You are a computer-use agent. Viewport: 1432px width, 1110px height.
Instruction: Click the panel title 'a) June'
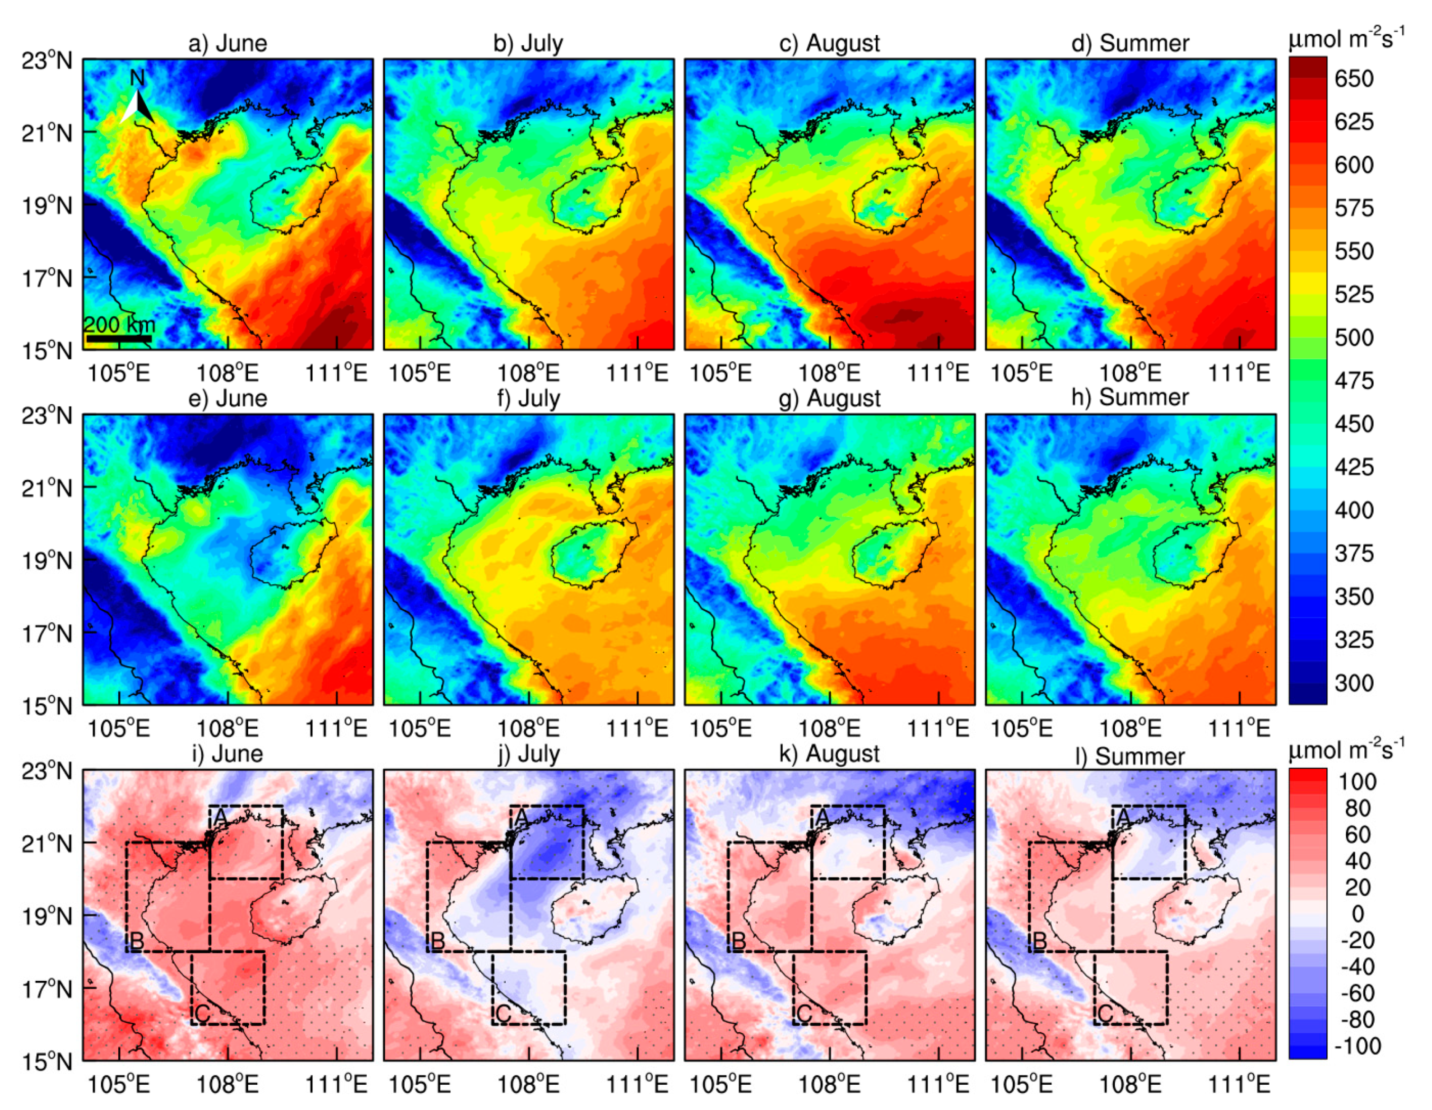pos(228,43)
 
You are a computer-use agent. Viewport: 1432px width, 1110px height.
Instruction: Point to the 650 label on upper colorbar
pos(1354,79)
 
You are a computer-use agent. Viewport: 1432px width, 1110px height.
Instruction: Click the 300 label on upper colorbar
pos(1354,683)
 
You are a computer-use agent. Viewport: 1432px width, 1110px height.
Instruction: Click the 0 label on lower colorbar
pos(1357,914)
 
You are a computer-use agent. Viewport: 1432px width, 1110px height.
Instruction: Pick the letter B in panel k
pos(738,941)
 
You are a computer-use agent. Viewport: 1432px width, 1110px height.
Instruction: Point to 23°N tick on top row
pos(46,61)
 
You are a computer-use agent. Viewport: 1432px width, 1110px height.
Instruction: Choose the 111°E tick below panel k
pos(938,1084)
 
